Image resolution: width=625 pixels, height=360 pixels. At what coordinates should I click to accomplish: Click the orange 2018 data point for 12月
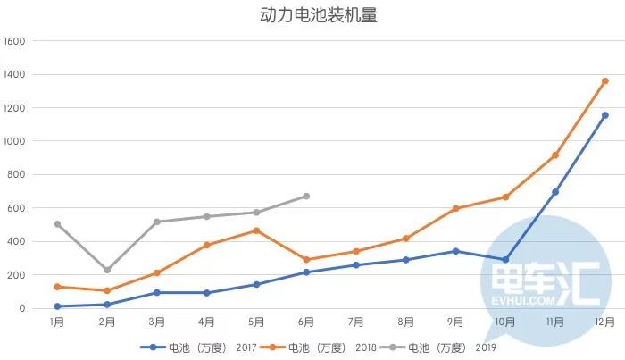click(604, 81)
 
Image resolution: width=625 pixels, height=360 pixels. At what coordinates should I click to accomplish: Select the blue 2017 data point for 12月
click(604, 115)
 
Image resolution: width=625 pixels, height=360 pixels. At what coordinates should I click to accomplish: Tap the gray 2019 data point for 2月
click(107, 270)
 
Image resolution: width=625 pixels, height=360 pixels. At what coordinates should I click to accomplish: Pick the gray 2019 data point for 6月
click(306, 196)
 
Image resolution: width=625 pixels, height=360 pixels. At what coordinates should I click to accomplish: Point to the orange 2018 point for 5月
click(256, 230)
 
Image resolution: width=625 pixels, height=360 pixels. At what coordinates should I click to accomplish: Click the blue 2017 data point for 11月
click(554, 192)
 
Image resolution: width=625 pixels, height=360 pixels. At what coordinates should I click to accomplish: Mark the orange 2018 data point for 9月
click(455, 208)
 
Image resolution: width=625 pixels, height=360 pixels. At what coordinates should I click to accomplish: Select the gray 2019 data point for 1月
click(57, 224)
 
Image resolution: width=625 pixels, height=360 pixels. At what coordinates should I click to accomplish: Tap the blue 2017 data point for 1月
click(57, 306)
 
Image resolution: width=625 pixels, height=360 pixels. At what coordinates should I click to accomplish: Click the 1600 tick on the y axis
click(17, 41)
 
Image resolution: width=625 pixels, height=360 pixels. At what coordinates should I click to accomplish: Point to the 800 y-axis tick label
click(20, 175)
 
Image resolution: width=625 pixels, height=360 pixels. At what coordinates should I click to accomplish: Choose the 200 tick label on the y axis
click(20, 275)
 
